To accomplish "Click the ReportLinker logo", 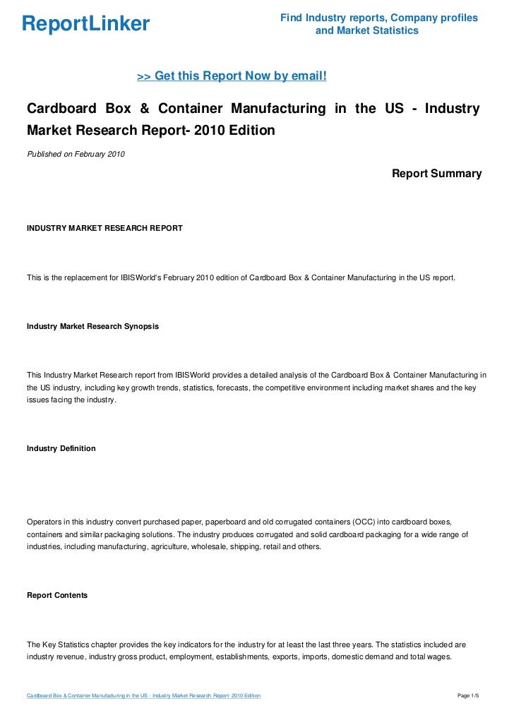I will [x=85, y=25].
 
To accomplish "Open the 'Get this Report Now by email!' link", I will [x=232, y=76].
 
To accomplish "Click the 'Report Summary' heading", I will [x=436, y=173].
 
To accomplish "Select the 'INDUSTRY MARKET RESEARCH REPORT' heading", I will [x=104, y=228].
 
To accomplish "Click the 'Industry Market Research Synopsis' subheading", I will [x=92, y=326].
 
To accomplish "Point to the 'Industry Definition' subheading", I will [x=61, y=448].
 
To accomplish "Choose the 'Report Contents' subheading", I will [x=57, y=595].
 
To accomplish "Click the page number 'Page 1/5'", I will [x=468, y=696].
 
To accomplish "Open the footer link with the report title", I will [x=143, y=696].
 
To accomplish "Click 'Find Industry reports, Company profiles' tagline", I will [x=378, y=18].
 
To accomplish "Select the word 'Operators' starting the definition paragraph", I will [x=44, y=521].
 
